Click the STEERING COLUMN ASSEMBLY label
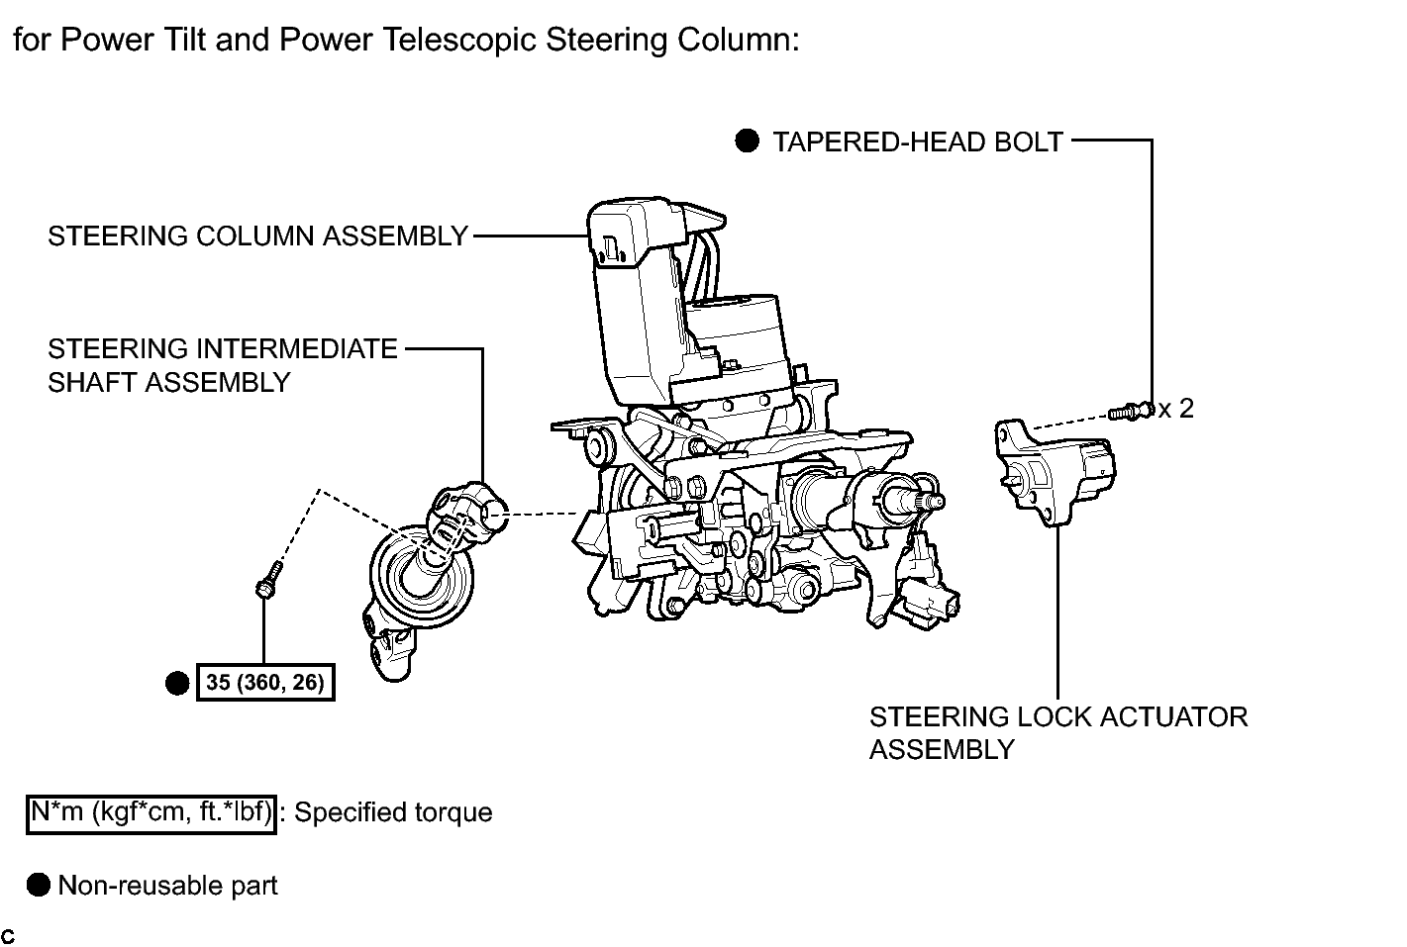(x=257, y=237)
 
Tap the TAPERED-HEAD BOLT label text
(x=918, y=142)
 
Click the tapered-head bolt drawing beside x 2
(x=1131, y=412)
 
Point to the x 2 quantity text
(x=1176, y=409)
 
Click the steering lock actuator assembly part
(x=1055, y=472)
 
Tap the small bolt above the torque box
(x=268, y=580)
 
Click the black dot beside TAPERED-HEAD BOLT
(x=747, y=142)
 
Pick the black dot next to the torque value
(x=177, y=684)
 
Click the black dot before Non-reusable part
(x=39, y=885)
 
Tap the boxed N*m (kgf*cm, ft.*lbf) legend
(x=151, y=814)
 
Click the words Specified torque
(x=393, y=812)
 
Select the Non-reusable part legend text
(x=167, y=886)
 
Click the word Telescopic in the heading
(x=459, y=40)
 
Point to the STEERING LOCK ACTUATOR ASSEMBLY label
(x=1058, y=733)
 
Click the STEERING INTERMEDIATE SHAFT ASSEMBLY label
(x=223, y=365)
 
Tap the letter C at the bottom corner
(x=8, y=936)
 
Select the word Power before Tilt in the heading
(x=107, y=40)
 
